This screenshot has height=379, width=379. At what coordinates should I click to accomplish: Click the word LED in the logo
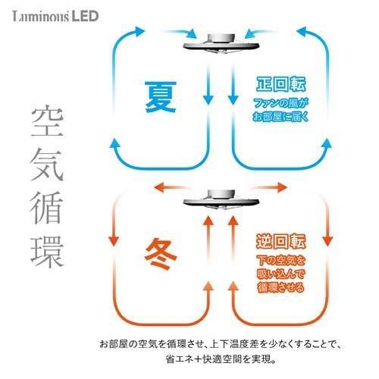85,16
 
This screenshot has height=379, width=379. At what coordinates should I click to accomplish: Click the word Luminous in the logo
41,17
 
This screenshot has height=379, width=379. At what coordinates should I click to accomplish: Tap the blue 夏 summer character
161,97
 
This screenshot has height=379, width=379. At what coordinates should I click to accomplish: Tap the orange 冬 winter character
161,254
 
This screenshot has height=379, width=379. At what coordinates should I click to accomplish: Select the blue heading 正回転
280,84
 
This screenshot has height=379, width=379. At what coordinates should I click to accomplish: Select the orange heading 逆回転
280,241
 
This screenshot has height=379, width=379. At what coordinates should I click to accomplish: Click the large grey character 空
47,123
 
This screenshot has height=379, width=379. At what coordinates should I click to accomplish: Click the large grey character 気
47,164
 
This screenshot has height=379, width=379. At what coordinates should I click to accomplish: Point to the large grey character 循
46,208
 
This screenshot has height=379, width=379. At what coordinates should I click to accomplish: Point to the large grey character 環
47,251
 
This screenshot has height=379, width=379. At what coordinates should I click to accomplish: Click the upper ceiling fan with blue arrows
221,43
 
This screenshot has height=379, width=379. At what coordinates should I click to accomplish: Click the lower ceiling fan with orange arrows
221,200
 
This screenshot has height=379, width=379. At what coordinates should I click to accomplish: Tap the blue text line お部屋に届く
280,117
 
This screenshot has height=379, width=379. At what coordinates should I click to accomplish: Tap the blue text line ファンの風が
280,103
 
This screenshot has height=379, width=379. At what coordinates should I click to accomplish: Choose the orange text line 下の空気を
280,260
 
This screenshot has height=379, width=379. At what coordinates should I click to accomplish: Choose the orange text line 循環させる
280,287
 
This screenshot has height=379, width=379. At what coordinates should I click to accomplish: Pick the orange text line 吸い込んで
280,274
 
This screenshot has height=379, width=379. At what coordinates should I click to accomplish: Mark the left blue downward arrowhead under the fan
208,100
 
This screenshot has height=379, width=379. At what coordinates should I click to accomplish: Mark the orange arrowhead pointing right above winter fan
283,187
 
